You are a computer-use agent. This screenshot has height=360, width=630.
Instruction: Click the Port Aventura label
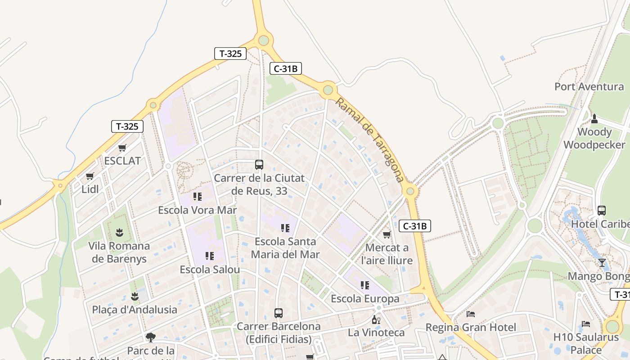pos(589,86)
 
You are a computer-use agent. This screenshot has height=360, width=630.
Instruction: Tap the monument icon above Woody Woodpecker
pos(594,119)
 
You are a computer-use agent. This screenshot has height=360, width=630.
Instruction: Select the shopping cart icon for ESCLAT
pos(122,148)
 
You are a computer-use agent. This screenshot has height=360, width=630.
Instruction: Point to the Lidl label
pos(90,189)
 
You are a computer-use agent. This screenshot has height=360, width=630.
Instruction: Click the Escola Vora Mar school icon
pos(197,197)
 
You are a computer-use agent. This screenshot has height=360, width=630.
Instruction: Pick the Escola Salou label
pos(210,270)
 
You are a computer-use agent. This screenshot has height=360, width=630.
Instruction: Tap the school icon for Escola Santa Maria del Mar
pos(285,228)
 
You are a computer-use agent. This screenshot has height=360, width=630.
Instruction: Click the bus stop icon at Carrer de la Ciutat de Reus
pos(259,165)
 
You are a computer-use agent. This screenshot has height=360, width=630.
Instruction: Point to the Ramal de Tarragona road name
pos(369,140)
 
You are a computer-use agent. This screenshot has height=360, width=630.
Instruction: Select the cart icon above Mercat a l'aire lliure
pos(387,234)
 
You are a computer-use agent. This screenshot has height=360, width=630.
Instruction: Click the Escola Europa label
pos(365,299)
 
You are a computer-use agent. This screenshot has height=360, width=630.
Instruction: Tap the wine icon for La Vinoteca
pos(376,320)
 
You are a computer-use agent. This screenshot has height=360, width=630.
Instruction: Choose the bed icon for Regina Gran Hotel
pos(471,314)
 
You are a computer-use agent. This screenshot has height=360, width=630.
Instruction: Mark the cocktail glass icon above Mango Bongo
pos(602,263)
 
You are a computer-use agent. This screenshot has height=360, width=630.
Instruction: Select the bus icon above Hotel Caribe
pos(601,211)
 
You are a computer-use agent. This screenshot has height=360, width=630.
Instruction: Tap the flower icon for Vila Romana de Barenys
pos(119,233)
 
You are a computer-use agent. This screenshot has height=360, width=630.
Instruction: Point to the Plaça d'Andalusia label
pos(135,310)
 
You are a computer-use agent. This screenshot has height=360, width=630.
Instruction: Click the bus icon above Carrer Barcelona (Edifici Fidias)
pos(279,313)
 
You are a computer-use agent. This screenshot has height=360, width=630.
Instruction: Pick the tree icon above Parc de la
pos(151,337)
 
